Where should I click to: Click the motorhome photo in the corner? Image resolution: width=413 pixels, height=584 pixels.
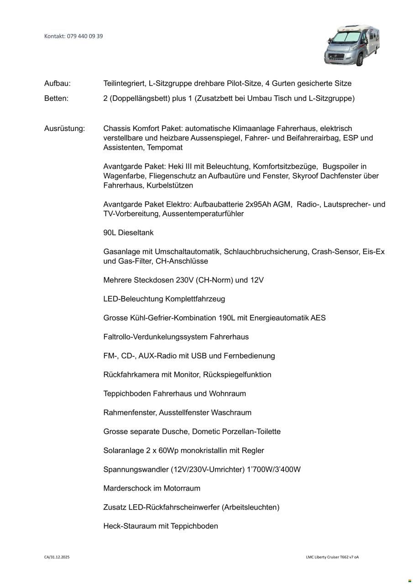(x=352, y=46)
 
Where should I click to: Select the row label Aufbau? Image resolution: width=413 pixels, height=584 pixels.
(x=57, y=83)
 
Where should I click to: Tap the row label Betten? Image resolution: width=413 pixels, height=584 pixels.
(x=56, y=99)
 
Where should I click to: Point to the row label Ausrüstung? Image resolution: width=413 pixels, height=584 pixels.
(x=64, y=129)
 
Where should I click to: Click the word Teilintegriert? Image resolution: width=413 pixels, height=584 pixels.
(x=124, y=83)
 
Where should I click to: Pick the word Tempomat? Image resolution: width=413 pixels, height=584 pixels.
(x=165, y=148)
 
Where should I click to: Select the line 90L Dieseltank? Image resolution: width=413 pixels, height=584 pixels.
(x=128, y=233)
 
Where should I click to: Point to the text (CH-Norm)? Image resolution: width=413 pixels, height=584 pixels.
(x=214, y=280)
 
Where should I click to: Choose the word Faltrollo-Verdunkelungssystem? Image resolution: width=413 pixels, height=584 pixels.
(x=155, y=337)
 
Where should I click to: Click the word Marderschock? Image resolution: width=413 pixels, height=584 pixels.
(x=127, y=489)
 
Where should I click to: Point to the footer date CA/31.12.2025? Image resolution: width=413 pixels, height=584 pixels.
(x=57, y=557)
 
